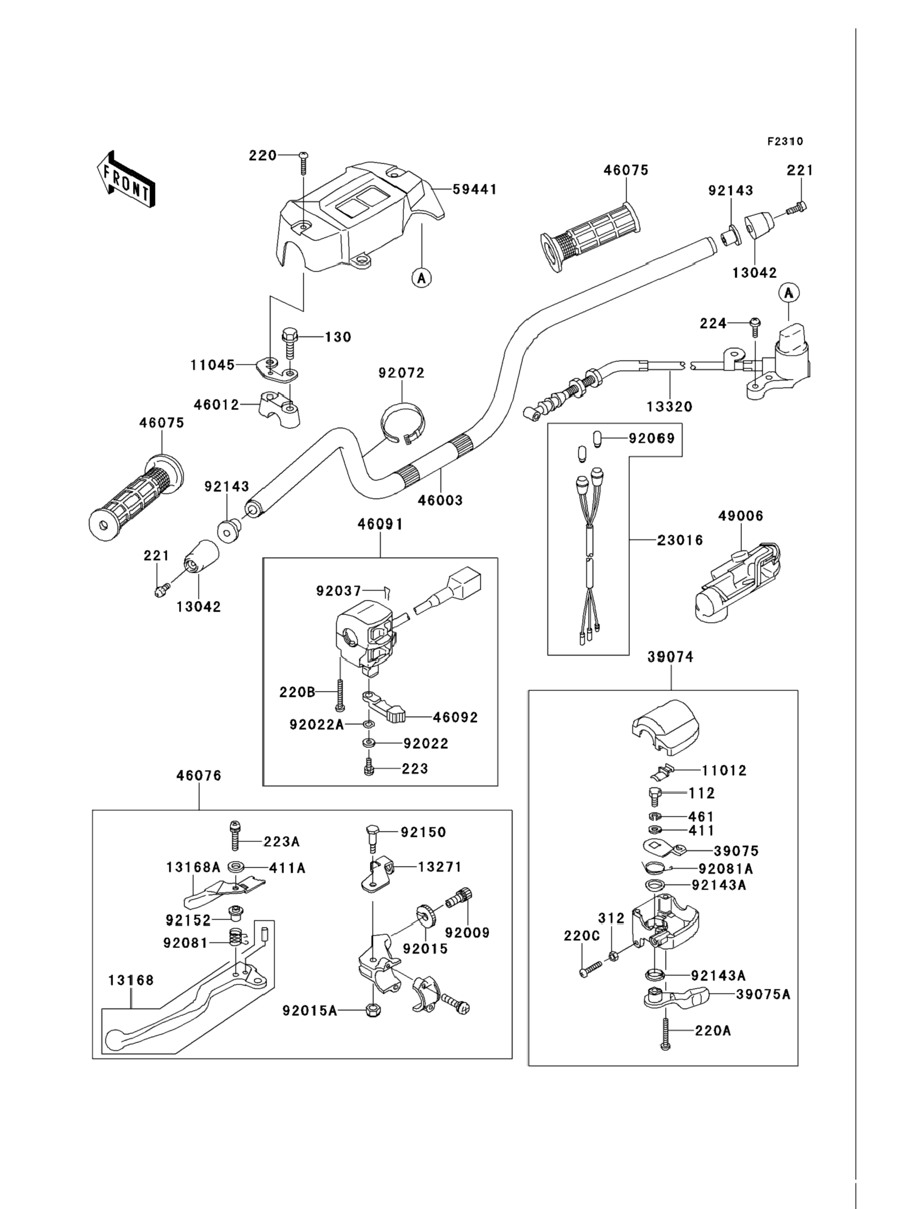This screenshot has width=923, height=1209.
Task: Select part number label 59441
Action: point(475,189)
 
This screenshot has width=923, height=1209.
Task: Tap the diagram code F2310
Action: point(785,142)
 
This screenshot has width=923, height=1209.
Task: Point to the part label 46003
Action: point(440,500)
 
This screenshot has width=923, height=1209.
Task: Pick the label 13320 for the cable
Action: point(669,406)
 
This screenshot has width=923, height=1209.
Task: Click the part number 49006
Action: point(740,515)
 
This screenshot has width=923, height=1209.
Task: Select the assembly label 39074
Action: point(670,657)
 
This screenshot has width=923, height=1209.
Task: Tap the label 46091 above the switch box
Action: point(380,524)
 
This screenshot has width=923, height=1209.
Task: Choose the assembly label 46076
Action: point(199,775)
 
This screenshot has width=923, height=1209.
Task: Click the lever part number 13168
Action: point(131,980)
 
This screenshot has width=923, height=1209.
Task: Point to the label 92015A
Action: point(310,1010)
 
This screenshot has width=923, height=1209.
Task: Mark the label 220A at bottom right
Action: point(713,1031)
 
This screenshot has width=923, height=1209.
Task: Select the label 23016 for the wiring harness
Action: point(680,540)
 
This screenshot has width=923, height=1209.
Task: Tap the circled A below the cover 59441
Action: point(422,278)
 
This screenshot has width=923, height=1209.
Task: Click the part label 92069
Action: point(652,438)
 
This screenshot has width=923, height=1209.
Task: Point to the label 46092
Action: point(455,717)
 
